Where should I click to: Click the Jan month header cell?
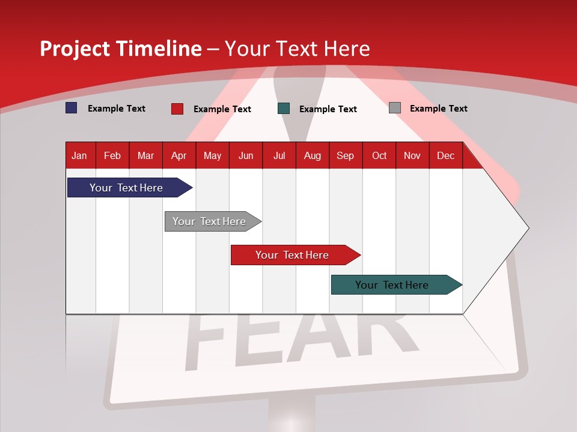pyautogui.click(x=79, y=156)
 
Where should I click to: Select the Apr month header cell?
pyautogui.click(x=179, y=156)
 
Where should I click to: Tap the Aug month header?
pyautogui.click(x=312, y=156)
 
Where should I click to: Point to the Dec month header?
pyautogui.click(x=445, y=156)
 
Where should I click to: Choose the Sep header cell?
pyautogui.click(x=345, y=156)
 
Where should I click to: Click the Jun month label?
pyautogui.click(x=245, y=156)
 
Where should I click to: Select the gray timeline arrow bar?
pyautogui.click(x=211, y=221)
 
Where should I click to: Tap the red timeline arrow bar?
pyautogui.click(x=293, y=255)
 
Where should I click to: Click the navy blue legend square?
pyautogui.click(x=72, y=108)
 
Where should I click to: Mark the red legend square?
pyautogui.click(x=177, y=109)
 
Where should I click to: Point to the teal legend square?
pyautogui.click(x=284, y=109)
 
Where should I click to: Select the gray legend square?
pyautogui.click(x=394, y=108)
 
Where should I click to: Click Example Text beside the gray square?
pyautogui.click(x=438, y=109)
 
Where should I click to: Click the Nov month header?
pyautogui.click(x=412, y=156)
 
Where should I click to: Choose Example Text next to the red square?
pyautogui.click(x=222, y=109)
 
